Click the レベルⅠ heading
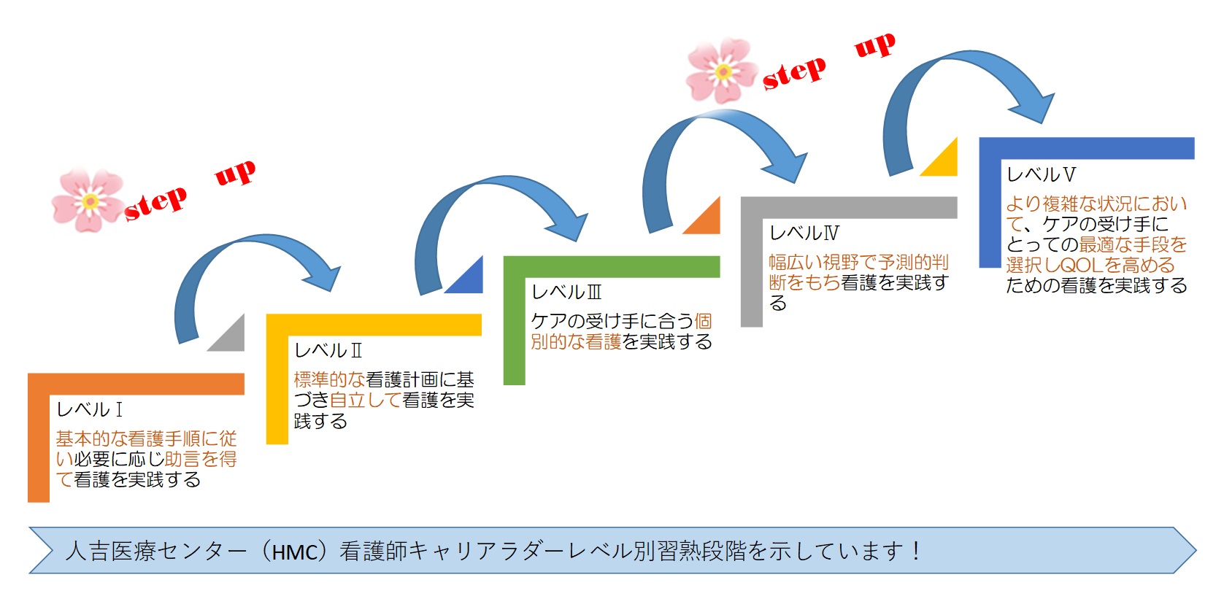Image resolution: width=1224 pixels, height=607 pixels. point(90,409)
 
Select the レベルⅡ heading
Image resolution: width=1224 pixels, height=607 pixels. point(328,350)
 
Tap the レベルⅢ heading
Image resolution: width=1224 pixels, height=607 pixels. point(566,293)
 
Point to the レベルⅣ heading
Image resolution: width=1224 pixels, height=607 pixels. point(804,233)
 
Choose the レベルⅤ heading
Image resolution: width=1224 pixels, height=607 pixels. point(1042,174)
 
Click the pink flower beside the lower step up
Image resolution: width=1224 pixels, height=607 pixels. point(88,201)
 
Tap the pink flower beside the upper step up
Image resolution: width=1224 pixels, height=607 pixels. point(723,71)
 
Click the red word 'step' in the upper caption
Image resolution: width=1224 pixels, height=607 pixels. point(794,74)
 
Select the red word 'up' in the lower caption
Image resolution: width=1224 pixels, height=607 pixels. point(235,173)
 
